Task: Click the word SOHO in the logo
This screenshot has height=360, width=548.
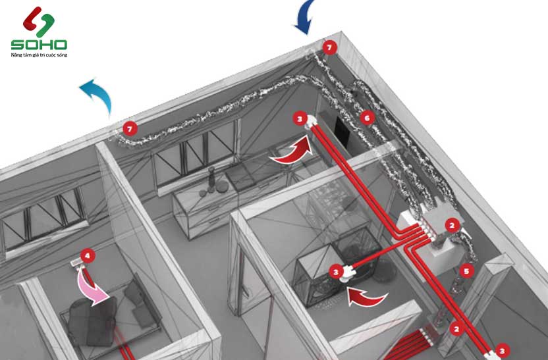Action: click(x=39, y=44)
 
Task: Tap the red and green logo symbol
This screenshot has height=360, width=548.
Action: click(x=38, y=21)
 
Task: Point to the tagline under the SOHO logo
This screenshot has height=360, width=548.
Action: click(x=39, y=55)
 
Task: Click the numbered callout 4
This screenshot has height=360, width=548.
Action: click(x=88, y=255)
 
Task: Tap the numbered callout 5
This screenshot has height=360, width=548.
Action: click(x=466, y=270)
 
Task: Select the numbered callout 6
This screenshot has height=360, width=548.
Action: click(x=367, y=118)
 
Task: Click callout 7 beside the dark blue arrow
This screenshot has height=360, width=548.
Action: click(x=329, y=47)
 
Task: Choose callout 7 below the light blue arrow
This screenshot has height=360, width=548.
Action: click(x=130, y=129)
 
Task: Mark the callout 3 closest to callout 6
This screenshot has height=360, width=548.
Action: click(x=300, y=118)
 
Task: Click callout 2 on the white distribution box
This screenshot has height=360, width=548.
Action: click(x=452, y=225)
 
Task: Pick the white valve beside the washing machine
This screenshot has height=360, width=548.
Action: click(x=346, y=272)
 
